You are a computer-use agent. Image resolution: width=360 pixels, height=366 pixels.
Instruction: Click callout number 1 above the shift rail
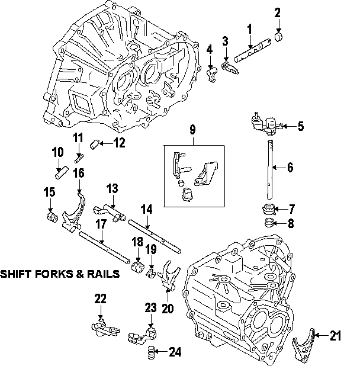tap(249, 28)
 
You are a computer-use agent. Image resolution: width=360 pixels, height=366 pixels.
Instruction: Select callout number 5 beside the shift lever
tap(300, 126)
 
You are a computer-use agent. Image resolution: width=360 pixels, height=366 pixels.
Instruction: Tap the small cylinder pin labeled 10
tap(59, 174)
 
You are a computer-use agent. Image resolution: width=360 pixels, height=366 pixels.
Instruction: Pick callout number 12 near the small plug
tap(120, 142)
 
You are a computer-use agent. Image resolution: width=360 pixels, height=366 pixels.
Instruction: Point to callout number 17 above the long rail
tap(101, 224)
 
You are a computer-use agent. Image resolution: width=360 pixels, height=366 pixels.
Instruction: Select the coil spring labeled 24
tap(152, 353)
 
